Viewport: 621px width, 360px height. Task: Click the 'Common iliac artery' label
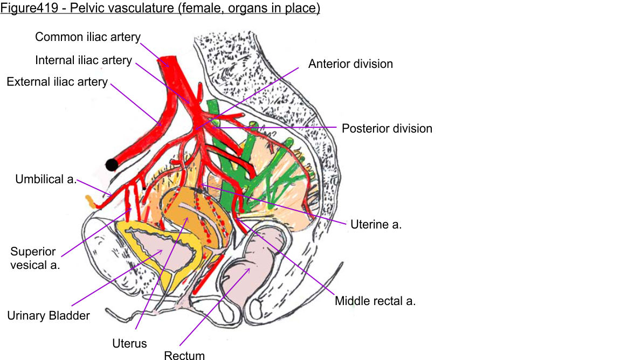(x=88, y=37)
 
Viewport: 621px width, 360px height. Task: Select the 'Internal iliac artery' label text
(x=84, y=60)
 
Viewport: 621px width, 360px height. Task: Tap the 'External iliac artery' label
(x=57, y=82)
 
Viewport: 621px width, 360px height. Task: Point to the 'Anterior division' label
(x=350, y=64)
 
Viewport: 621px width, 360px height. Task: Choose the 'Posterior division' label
(x=387, y=129)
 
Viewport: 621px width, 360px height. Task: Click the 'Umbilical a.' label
(x=46, y=179)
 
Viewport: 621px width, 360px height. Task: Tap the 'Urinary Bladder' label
(x=49, y=316)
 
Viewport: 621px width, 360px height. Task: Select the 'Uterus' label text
(x=129, y=343)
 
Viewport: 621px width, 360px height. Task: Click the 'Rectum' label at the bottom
(x=184, y=355)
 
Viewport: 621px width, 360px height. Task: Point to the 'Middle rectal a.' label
(x=375, y=301)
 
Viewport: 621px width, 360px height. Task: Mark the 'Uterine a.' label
(x=376, y=225)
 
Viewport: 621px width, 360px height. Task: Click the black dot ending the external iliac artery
(x=112, y=164)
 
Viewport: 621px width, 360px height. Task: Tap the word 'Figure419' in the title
(x=24, y=9)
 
